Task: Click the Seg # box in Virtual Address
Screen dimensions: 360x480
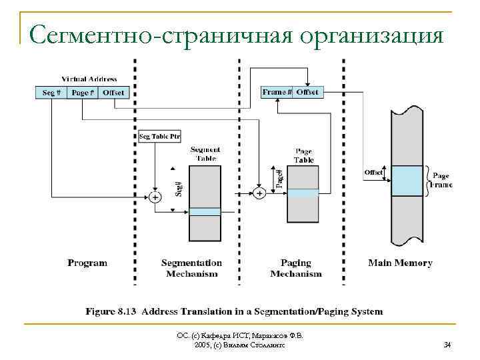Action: point(51,93)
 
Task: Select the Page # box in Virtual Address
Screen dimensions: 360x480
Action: point(83,93)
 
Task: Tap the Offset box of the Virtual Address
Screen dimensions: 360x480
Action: point(113,93)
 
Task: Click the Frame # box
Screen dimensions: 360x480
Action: point(276,92)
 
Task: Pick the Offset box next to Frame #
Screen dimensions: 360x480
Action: point(307,92)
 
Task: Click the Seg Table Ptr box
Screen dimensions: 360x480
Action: point(159,137)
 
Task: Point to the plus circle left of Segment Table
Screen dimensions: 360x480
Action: point(155,197)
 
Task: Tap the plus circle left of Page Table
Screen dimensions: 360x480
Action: point(259,193)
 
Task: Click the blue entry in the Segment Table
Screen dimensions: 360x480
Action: point(205,211)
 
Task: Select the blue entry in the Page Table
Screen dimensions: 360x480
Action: point(303,193)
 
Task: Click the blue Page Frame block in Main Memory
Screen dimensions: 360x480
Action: point(407,181)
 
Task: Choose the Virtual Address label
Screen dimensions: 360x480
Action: point(89,79)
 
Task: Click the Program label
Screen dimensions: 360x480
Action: point(87,263)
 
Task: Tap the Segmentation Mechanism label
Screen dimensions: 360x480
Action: point(192,268)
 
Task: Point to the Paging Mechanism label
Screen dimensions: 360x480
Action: point(296,268)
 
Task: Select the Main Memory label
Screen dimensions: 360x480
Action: point(400,263)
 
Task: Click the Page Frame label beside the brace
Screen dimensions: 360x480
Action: point(442,180)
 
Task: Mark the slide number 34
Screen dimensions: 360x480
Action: point(447,345)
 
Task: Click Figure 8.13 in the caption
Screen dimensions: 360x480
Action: point(111,311)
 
